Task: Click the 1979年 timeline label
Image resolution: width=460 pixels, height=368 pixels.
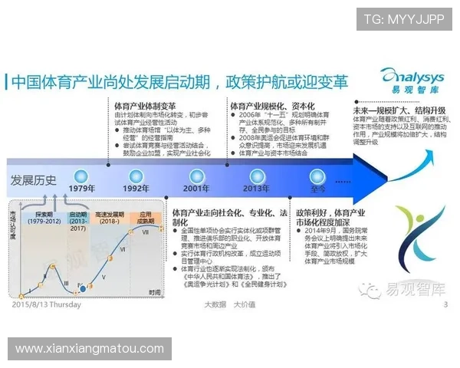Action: click(82, 188)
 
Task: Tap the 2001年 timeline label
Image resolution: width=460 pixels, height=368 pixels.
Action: click(196, 188)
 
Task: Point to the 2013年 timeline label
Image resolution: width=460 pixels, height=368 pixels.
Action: click(255, 188)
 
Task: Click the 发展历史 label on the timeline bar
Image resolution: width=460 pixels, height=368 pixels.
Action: click(33, 180)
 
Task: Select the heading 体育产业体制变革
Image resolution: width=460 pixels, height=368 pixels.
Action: click(145, 106)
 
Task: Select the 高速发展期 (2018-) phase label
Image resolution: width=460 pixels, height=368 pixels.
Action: click(110, 218)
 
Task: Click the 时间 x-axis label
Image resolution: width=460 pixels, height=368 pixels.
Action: click(156, 292)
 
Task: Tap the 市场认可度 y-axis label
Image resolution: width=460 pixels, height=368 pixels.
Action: click(13, 227)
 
